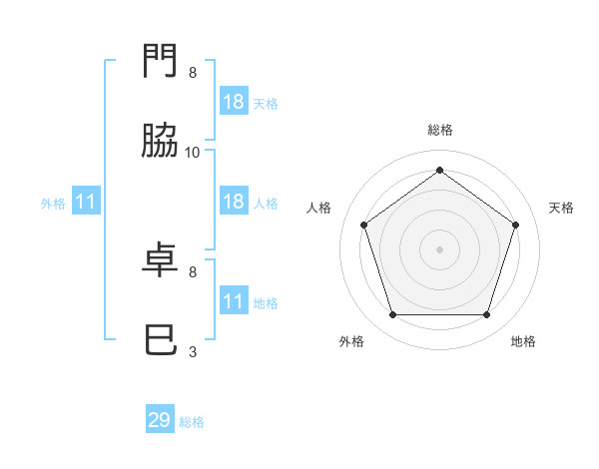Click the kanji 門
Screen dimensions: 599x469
(x=160, y=60)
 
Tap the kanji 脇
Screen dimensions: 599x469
(x=160, y=140)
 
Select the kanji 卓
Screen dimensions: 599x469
(x=160, y=259)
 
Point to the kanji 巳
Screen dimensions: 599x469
(x=161, y=339)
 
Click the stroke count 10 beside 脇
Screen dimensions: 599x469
(x=192, y=153)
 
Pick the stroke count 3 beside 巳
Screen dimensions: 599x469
(x=193, y=351)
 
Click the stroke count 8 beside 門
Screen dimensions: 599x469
(x=193, y=73)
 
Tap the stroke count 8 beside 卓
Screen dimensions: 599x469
(x=193, y=272)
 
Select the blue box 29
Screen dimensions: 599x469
(x=160, y=418)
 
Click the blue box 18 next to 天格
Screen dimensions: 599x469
(x=234, y=101)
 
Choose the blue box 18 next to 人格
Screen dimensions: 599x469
(x=234, y=201)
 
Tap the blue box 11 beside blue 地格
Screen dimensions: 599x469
(x=234, y=299)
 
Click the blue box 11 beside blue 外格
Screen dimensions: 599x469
(x=86, y=201)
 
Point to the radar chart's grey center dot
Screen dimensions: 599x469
(x=439, y=249)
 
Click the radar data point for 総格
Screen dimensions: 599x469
(x=439, y=170)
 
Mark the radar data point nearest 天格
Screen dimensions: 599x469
(x=515, y=225)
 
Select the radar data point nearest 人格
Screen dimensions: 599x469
(x=364, y=225)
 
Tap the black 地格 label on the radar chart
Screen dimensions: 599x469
(x=523, y=341)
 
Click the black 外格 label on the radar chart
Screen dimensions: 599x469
(x=351, y=341)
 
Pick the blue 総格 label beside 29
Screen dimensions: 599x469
(x=192, y=422)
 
